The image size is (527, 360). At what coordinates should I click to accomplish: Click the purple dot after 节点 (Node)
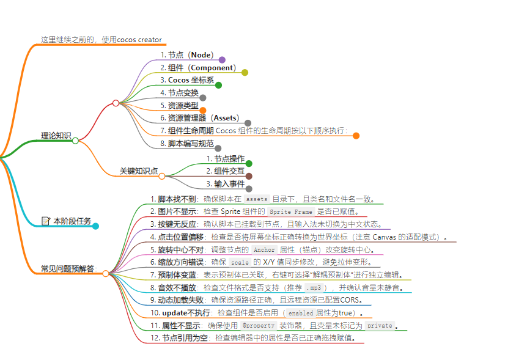click(222, 60)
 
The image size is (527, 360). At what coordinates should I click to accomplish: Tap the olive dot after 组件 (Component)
click(245, 72)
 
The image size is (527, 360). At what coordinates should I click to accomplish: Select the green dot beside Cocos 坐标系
click(218, 85)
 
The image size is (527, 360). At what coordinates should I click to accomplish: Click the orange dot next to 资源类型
click(203, 110)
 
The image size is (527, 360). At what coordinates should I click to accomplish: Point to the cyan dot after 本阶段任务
click(95, 226)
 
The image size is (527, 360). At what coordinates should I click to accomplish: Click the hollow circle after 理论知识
click(75, 141)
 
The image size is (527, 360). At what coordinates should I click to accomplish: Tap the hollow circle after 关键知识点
click(162, 176)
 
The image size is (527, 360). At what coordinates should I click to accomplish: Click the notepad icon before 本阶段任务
click(46, 221)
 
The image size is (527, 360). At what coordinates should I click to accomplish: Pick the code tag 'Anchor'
click(263, 249)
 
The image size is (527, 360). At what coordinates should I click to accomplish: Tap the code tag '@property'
click(258, 326)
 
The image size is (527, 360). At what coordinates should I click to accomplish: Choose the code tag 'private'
click(379, 326)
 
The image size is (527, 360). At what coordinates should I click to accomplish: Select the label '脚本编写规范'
click(191, 144)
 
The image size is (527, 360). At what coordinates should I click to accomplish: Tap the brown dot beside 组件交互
click(249, 176)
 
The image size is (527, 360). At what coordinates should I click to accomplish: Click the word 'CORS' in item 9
click(353, 300)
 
